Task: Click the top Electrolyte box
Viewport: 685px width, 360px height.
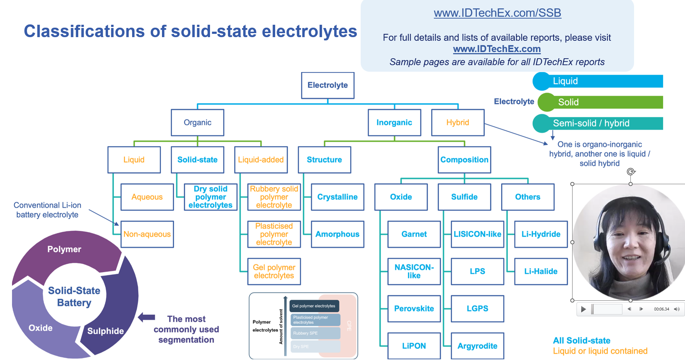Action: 328,85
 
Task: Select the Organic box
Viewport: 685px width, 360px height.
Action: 197,123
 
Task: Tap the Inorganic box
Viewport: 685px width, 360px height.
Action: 394,123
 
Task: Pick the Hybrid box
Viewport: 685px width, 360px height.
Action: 458,123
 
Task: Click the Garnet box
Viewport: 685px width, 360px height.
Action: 414,234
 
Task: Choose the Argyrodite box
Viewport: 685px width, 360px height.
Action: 477,346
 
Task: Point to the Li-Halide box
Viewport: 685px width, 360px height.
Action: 541,271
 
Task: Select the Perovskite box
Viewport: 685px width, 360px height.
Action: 414,309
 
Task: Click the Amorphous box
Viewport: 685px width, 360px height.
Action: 337,234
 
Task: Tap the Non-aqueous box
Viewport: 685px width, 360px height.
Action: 147,234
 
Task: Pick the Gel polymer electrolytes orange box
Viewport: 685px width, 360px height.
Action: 274,272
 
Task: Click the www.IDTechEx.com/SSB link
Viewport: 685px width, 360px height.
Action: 497,13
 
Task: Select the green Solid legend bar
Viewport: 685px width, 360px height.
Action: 601,102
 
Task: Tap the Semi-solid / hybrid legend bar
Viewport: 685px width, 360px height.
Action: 601,123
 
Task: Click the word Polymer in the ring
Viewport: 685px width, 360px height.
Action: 64,249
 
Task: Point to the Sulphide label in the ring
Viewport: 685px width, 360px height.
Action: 106,331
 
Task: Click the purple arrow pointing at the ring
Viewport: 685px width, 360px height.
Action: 147,317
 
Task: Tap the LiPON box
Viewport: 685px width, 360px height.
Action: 414,346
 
